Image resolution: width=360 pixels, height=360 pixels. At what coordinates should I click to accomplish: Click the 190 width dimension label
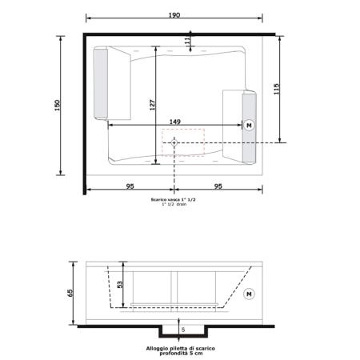(174, 15)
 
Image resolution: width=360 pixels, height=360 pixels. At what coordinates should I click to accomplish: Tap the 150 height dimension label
(58, 106)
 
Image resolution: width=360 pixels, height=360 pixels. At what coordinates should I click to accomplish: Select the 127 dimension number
(152, 105)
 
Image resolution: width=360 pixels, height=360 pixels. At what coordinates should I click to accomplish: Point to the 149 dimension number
(175, 122)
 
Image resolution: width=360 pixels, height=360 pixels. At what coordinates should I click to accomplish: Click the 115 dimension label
(277, 89)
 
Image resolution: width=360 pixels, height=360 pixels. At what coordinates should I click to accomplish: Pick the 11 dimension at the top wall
(187, 40)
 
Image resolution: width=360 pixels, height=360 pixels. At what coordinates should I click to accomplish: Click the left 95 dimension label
(130, 186)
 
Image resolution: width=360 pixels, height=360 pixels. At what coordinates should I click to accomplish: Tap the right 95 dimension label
(218, 186)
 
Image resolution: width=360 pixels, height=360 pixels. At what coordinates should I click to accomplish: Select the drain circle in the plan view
(174, 142)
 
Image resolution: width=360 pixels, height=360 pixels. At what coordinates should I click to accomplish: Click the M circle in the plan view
(249, 125)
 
